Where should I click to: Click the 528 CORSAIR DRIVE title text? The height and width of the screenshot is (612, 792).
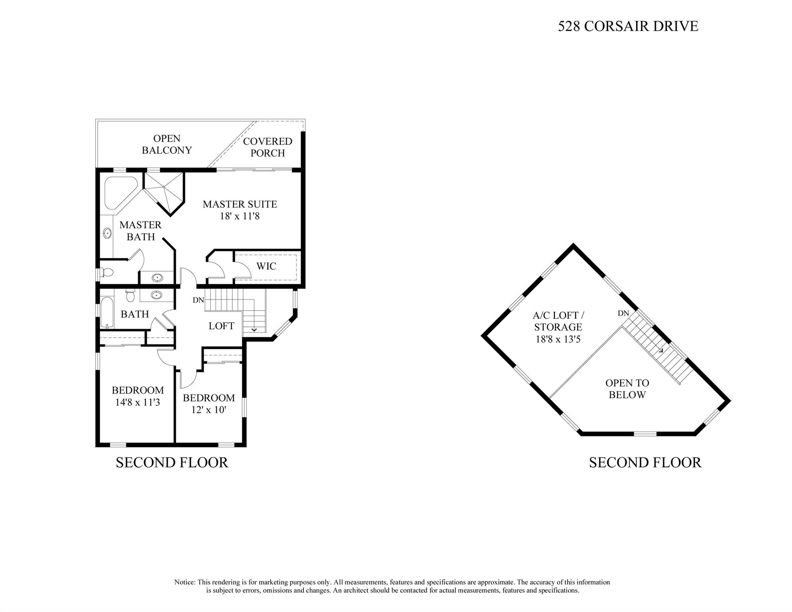coord(628,26)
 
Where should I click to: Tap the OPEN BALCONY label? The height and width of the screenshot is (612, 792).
coord(167,144)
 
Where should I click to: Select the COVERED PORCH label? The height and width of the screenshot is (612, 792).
coord(267,147)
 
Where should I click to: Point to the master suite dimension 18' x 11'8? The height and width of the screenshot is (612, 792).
coord(240,216)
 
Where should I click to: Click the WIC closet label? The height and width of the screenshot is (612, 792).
coord(266,266)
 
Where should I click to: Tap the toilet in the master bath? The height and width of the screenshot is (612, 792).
coord(107,273)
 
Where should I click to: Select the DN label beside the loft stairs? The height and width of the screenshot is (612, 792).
coord(198,300)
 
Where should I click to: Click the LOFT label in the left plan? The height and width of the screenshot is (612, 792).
coord(221,326)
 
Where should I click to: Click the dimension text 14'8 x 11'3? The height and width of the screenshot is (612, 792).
coord(138,402)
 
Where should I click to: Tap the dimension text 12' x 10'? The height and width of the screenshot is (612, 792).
coord(208,410)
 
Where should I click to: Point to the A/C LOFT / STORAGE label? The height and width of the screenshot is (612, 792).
coord(558,321)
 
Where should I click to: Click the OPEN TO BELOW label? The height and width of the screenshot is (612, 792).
coord(627,389)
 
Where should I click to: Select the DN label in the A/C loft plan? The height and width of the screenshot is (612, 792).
coord(623,313)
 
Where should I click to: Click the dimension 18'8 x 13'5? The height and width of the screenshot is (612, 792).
coord(558,339)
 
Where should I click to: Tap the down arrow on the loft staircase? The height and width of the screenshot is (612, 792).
coord(254,330)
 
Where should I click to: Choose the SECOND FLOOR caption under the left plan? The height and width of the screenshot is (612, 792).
coord(172,462)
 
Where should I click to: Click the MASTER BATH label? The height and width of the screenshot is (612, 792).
coord(140,231)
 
